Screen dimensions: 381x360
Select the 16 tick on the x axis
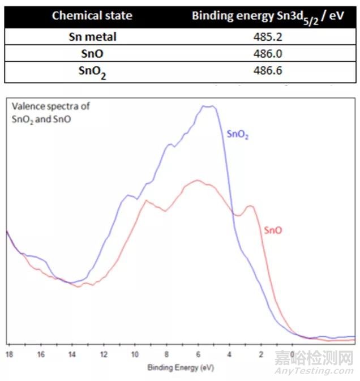tap(41, 354)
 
